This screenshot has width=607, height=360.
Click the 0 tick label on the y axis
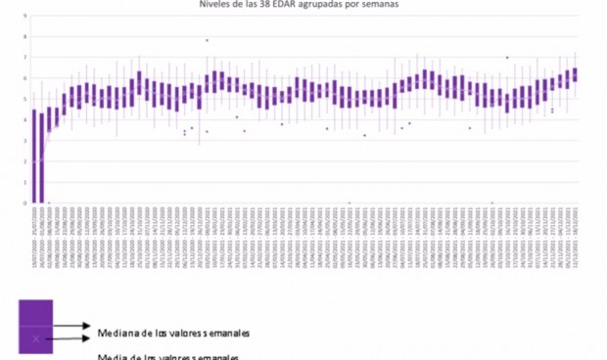pyautogui.click(x=23, y=203)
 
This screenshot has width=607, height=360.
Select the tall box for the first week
pyautogui.click(x=35, y=157)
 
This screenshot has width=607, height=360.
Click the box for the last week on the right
pyautogui.click(x=575, y=74)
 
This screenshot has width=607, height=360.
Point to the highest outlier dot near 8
pyautogui.click(x=207, y=40)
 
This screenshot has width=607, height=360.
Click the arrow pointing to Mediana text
pyautogui.click(x=69, y=327)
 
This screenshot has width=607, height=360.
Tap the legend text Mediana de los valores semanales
pyautogui.click(x=166, y=333)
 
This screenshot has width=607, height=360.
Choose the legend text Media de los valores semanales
pyautogui.click(x=166, y=356)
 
